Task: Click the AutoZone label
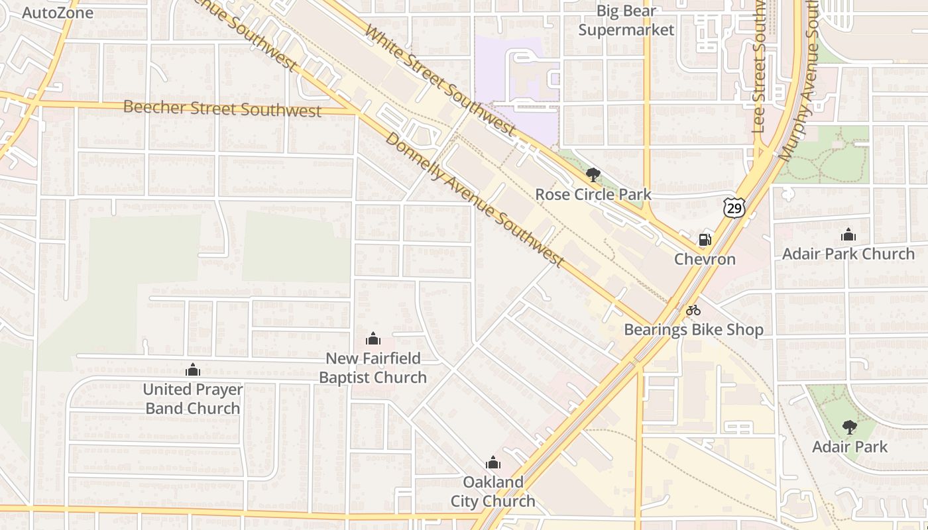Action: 58,13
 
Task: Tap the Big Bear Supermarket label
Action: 626,21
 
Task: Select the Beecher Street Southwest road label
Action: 222,109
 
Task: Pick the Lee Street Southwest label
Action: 760,70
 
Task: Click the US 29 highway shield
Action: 734,208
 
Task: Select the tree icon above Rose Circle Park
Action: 593,176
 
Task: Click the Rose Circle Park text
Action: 593,195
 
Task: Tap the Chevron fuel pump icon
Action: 705,240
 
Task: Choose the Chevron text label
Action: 705,259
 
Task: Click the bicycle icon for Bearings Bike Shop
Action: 693,310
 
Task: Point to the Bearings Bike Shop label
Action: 693,329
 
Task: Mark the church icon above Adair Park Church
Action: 848,235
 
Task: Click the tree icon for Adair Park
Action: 849,427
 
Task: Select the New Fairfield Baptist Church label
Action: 373,368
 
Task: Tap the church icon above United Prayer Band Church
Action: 193,370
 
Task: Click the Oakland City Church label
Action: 493,491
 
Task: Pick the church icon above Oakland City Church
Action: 493,462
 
